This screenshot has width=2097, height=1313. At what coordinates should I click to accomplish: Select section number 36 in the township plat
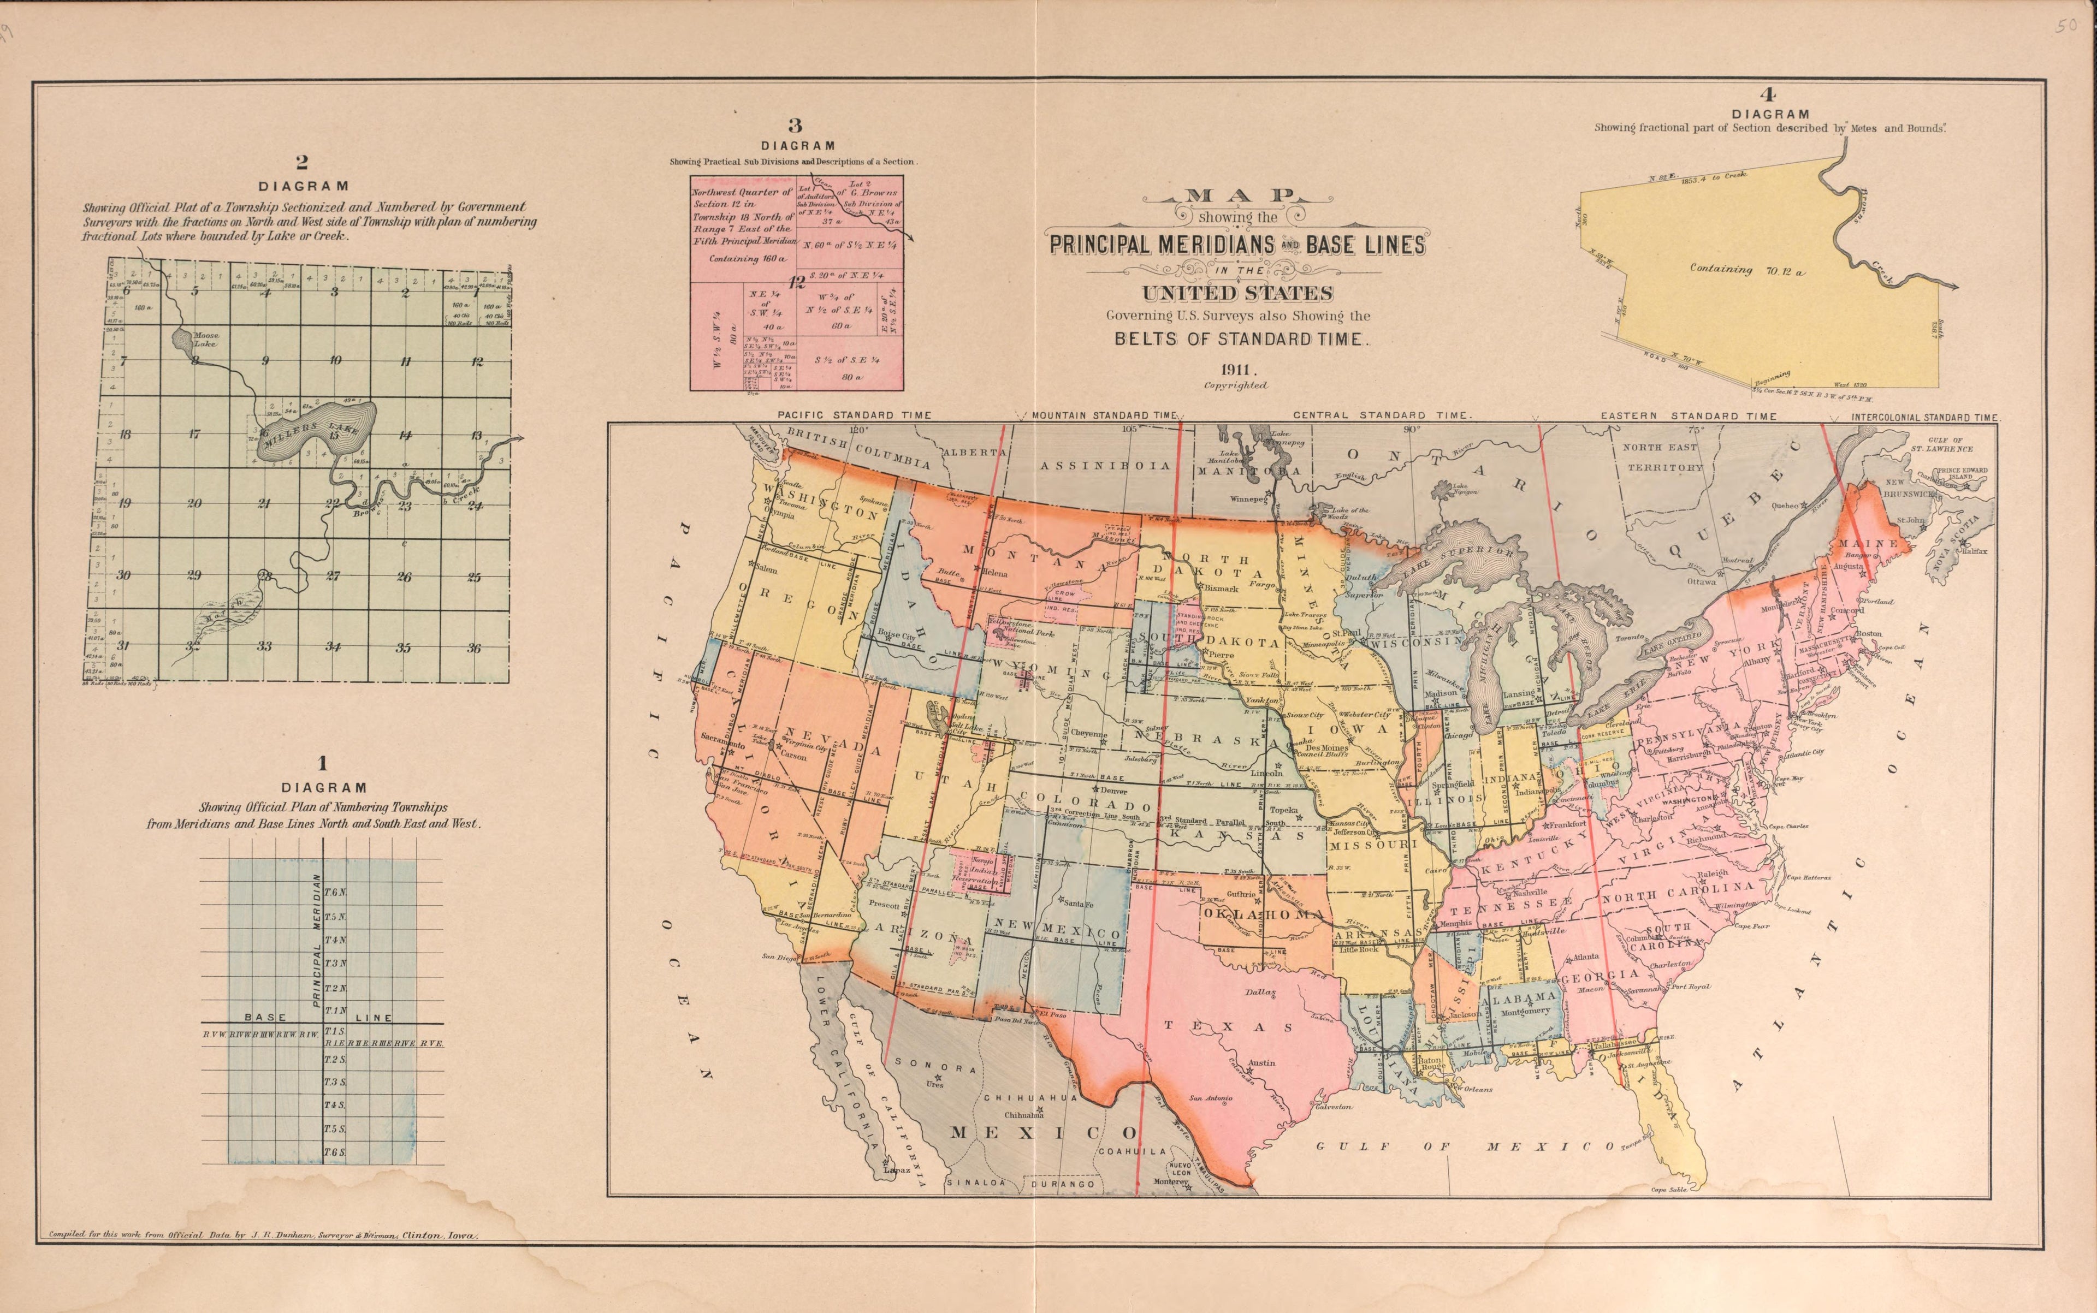473,648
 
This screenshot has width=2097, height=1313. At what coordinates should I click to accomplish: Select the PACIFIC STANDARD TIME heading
854,415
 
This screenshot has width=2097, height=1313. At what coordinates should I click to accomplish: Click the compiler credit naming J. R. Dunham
260,1234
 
